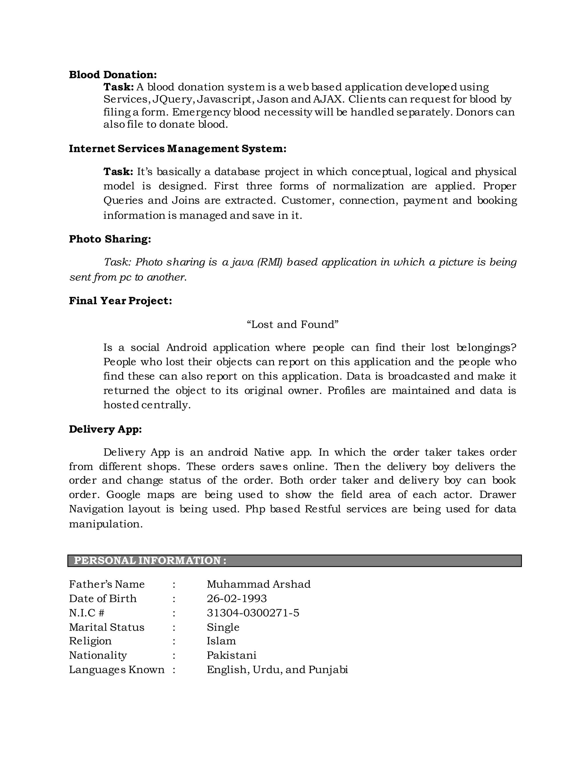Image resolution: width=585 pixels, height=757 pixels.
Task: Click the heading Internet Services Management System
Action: click(x=177, y=149)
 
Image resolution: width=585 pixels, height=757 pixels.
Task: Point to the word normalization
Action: click(x=368, y=186)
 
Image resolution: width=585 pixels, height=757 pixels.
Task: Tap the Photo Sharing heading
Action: click(x=110, y=239)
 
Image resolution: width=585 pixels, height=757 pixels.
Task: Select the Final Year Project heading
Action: click(x=120, y=301)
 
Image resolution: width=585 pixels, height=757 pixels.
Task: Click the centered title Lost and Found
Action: click(x=292, y=325)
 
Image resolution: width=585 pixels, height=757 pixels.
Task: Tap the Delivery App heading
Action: click(x=105, y=429)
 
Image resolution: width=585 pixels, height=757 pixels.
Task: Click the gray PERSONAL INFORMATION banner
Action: click(x=294, y=561)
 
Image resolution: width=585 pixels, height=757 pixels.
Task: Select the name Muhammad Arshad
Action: click(x=259, y=584)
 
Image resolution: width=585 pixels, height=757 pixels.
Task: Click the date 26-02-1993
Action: click(x=237, y=598)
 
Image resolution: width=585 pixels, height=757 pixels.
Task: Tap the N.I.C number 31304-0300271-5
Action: click(x=253, y=613)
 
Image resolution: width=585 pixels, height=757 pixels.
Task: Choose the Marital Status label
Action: click(x=106, y=627)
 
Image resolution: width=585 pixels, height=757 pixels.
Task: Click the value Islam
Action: click(x=221, y=641)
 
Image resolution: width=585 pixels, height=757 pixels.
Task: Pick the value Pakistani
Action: click(x=231, y=655)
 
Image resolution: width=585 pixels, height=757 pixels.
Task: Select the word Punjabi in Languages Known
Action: click(x=328, y=670)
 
